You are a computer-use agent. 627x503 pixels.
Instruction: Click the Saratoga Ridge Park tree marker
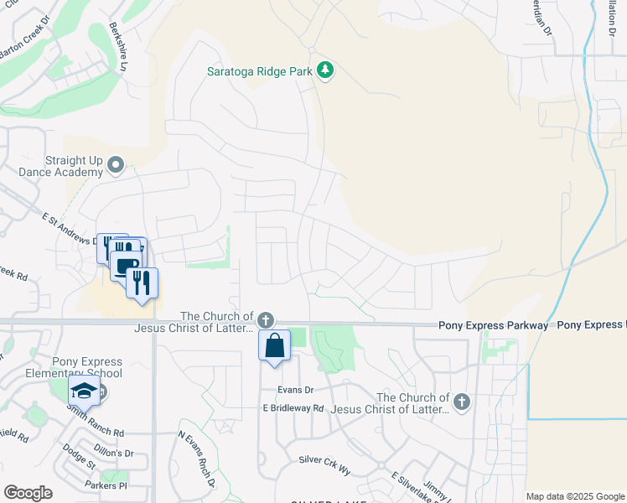[325, 71]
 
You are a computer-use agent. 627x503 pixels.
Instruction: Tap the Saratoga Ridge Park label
[260, 71]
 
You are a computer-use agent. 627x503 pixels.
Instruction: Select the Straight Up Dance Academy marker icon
[116, 165]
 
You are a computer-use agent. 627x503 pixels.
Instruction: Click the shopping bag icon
[275, 345]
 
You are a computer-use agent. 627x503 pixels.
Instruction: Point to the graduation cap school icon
[84, 390]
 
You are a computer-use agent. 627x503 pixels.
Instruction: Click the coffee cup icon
[125, 266]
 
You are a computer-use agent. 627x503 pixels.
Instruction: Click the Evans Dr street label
[297, 390]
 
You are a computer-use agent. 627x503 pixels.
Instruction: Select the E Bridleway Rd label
[293, 408]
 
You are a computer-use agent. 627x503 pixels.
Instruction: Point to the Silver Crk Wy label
[324, 461]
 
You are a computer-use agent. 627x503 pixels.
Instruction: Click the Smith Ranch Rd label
[97, 433]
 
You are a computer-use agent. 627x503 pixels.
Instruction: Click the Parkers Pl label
[106, 485]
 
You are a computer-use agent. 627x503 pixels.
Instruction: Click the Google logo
[28, 493]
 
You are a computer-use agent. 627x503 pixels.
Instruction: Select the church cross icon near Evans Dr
[265, 319]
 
